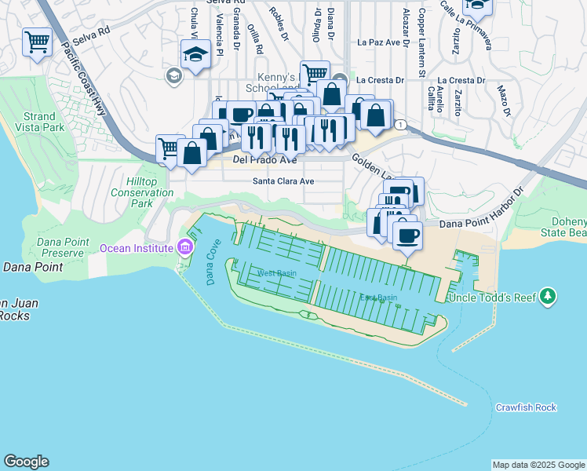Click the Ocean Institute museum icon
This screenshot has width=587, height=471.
coord(185,248)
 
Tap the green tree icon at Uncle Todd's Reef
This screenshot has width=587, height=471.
coord(549,297)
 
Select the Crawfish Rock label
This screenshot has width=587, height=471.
coord(526,407)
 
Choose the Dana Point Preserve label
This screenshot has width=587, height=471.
coord(53,248)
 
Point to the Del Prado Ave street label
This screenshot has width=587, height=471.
coord(265,160)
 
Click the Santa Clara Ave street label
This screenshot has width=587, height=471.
coord(283,181)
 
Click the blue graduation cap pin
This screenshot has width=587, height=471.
coord(193,55)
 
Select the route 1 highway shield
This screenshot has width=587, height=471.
coord(400,125)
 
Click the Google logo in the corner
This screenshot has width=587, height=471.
coord(26,462)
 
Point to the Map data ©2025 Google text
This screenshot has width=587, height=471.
coord(538,465)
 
